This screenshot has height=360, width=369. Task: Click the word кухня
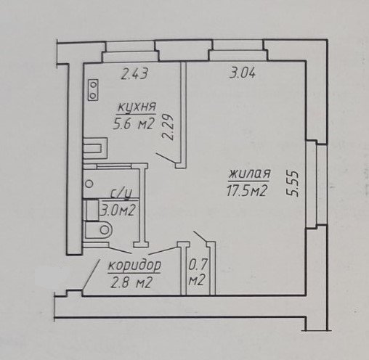tap(137, 107)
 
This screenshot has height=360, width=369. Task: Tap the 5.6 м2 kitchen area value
tap(134, 124)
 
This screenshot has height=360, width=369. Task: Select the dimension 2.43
tap(134, 73)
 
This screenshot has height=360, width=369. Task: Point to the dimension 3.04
tap(243, 73)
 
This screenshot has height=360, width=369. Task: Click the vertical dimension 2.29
tap(169, 127)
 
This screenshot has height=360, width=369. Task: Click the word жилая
tap(249, 174)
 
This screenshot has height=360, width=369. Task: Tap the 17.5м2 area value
tap(247, 190)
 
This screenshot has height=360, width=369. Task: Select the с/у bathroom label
tap(121, 194)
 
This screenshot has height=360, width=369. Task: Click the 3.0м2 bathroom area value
tap(118, 210)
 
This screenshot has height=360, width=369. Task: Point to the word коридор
tap(134, 266)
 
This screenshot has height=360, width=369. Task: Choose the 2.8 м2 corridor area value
tap(131, 282)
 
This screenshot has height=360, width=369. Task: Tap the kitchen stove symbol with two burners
tap(93, 90)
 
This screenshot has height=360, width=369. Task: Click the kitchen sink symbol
tap(95, 148)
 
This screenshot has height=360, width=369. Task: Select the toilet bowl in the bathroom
tap(99, 229)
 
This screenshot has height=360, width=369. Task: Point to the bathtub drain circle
tap(89, 184)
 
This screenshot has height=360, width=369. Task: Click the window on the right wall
tap(317, 184)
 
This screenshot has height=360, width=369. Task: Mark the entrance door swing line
tap(92, 274)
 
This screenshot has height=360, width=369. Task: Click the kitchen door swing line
tap(166, 159)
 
